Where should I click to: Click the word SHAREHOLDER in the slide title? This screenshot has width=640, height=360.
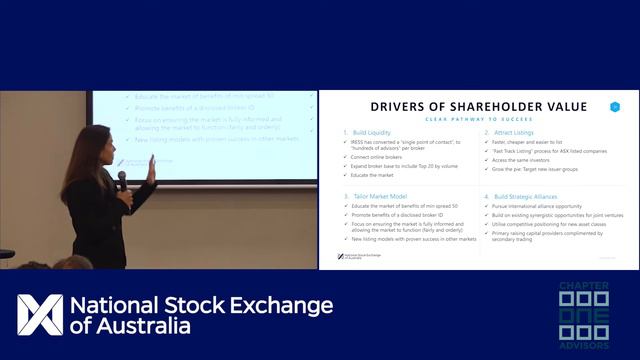click(476, 107)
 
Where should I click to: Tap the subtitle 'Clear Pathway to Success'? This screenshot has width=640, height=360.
click(479, 120)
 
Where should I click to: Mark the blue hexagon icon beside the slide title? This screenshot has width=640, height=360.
click(615, 106)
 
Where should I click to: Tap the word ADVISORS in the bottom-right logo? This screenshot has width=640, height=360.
click(583, 347)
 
